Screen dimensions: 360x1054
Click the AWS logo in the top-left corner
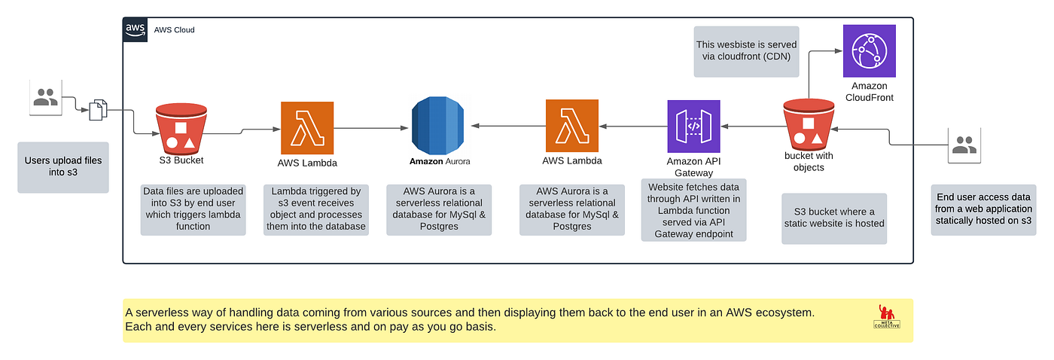click(136, 29)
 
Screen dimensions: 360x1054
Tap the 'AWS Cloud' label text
click(174, 30)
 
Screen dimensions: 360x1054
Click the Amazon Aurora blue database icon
click(440, 127)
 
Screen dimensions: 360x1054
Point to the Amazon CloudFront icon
click(870, 50)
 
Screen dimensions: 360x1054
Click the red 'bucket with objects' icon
click(808, 126)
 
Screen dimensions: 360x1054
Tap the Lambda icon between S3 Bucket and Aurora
click(307, 127)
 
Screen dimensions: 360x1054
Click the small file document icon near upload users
click(99, 111)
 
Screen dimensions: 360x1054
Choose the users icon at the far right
click(964, 144)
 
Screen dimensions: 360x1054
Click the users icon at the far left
click(45, 97)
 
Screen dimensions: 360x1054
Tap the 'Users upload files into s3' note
click(63, 166)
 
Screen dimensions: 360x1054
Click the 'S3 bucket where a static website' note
click(833, 218)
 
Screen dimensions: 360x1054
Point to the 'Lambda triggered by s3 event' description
click(316, 209)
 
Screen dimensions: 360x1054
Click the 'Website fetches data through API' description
click(693, 210)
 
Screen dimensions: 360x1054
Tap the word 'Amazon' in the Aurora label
click(426, 161)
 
